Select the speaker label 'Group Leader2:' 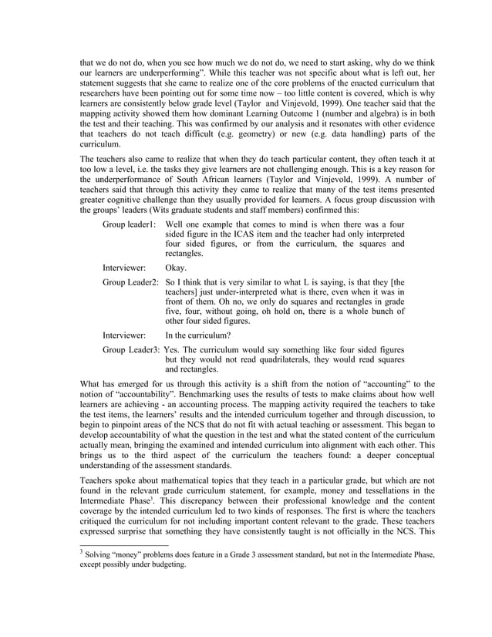point(130,282)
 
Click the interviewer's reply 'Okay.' point(176,268)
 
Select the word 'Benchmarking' point(190,393)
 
